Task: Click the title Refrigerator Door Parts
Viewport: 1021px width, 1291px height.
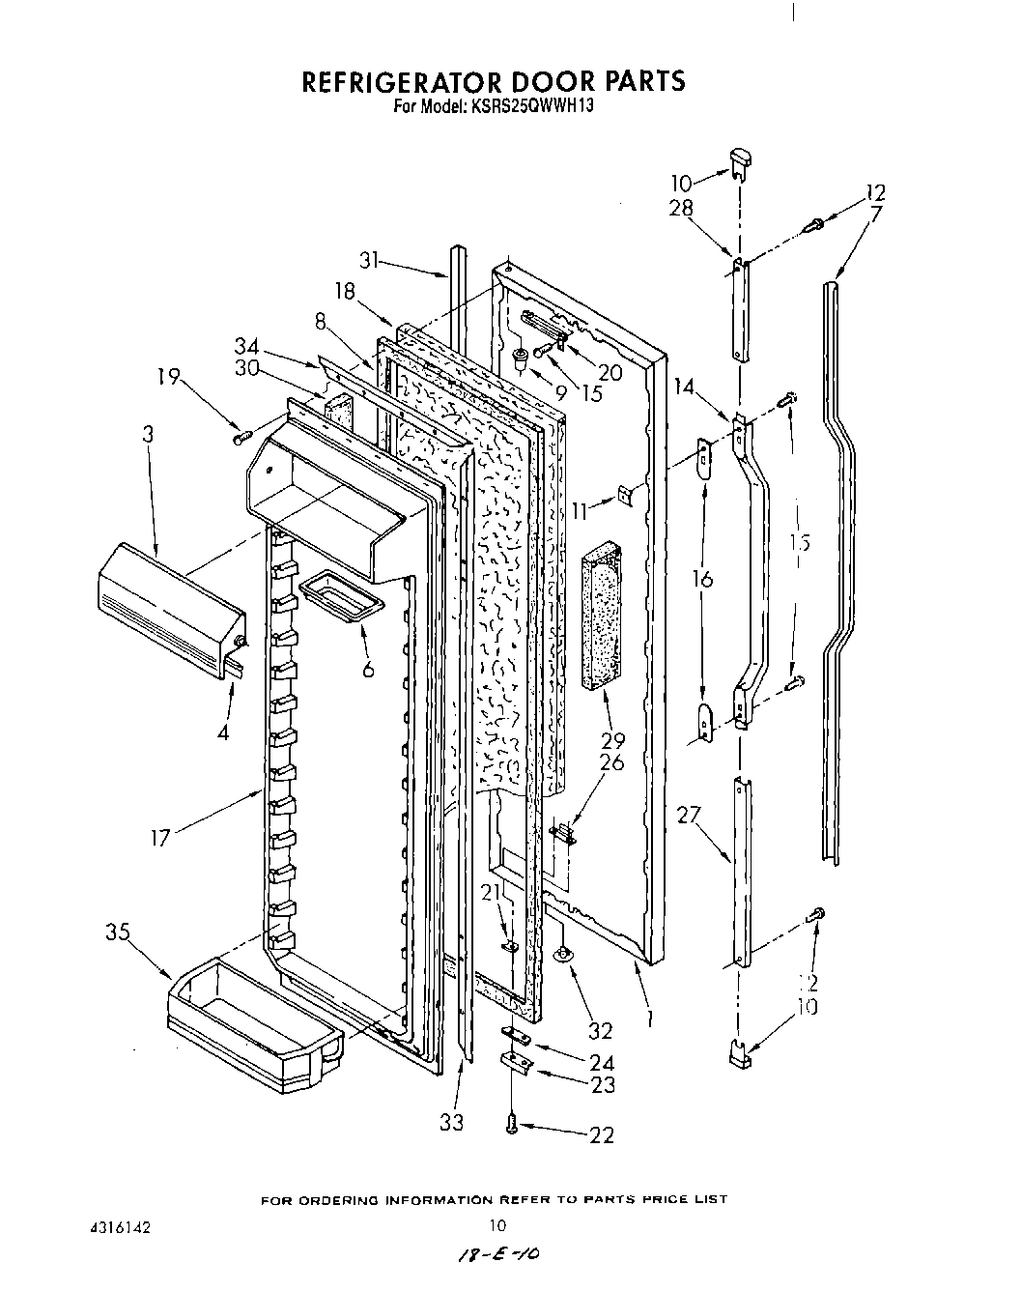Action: click(x=494, y=81)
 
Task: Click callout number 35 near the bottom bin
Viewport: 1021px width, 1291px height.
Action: click(x=119, y=933)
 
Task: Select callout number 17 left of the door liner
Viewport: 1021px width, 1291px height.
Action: click(x=159, y=837)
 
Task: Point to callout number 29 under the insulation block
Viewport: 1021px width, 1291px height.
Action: click(x=612, y=742)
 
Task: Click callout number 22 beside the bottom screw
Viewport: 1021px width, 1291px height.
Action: click(x=600, y=1135)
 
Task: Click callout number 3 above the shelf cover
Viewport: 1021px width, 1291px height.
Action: click(x=148, y=435)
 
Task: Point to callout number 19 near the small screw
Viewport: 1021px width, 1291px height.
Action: click(x=168, y=377)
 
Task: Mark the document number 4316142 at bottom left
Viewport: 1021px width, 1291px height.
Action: click(x=114, y=1226)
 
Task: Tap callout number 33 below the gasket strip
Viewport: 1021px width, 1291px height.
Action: click(x=451, y=1122)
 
